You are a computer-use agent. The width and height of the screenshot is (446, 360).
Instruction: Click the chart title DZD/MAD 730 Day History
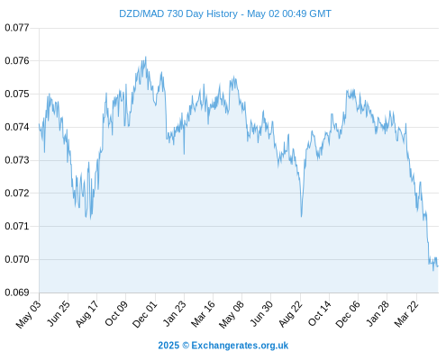[178, 13]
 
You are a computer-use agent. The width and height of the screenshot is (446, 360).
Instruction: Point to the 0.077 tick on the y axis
[17, 28]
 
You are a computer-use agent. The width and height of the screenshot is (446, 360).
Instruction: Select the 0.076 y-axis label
[17, 61]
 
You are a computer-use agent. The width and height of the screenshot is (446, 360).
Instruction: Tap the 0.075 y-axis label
[17, 94]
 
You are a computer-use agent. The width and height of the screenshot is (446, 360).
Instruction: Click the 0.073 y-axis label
[17, 160]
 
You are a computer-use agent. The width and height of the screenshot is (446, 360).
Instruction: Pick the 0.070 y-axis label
[17, 259]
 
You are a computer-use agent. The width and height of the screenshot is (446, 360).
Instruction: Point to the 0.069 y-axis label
[17, 292]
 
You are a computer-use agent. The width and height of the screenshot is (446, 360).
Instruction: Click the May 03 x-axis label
[29, 314]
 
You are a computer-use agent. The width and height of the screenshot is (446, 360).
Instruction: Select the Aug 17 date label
[87, 314]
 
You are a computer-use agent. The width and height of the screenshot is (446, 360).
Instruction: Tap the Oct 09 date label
[116, 314]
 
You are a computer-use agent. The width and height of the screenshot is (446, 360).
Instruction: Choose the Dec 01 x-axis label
[145, 314]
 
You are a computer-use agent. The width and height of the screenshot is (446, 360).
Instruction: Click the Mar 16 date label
[204, 314]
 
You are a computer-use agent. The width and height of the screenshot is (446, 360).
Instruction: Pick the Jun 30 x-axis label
[261, 314]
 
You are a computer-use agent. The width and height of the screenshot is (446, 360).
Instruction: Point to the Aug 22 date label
[291, 314]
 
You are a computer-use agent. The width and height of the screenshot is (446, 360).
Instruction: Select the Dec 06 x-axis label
[348, 314]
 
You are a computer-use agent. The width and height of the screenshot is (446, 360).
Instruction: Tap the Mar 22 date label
[406, 314]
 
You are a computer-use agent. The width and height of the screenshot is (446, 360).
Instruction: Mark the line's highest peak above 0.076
[146, 57]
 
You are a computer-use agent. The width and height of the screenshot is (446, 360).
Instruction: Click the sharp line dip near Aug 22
[301, 216]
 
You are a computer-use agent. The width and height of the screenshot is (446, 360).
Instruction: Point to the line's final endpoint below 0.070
[438, 266]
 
